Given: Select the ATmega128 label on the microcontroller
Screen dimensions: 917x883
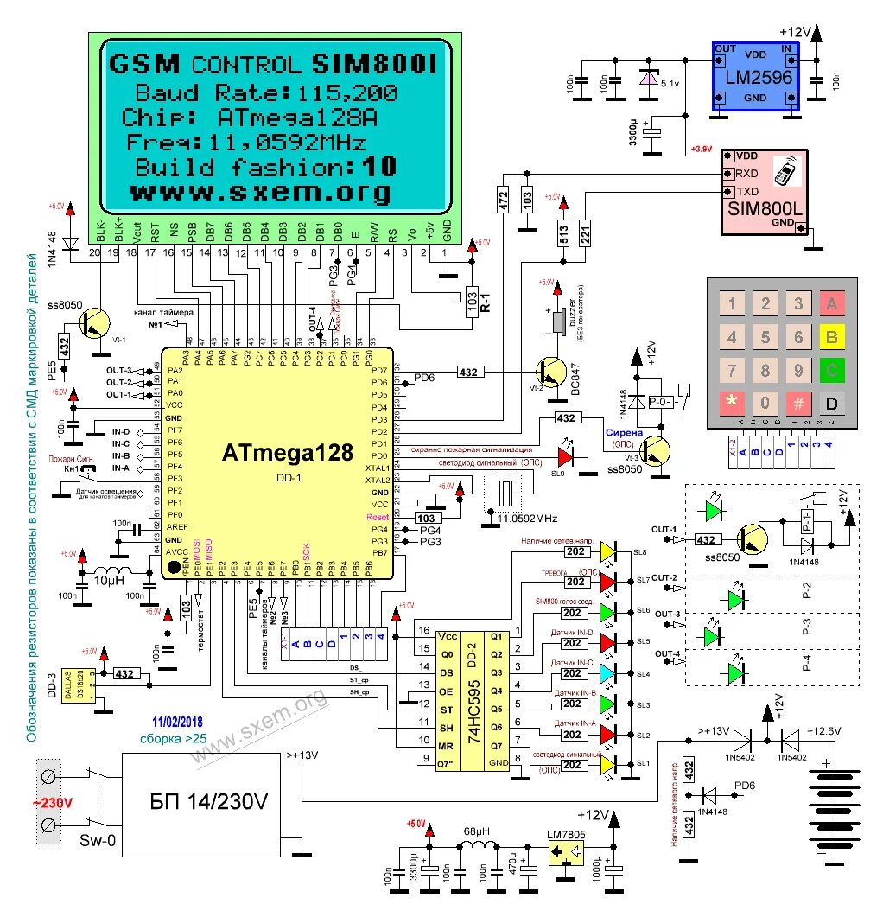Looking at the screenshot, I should click(x=287, y=452).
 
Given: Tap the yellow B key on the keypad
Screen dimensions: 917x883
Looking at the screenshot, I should click(x=832, y=335).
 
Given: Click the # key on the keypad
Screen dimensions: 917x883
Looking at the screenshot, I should click(x=799, y=403).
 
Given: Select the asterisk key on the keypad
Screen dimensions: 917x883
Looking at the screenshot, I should click(x=732, y=403).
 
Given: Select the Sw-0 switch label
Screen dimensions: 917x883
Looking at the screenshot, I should click(x=98, y=840).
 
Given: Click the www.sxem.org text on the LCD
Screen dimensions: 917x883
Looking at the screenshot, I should click(x=259, y=191).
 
